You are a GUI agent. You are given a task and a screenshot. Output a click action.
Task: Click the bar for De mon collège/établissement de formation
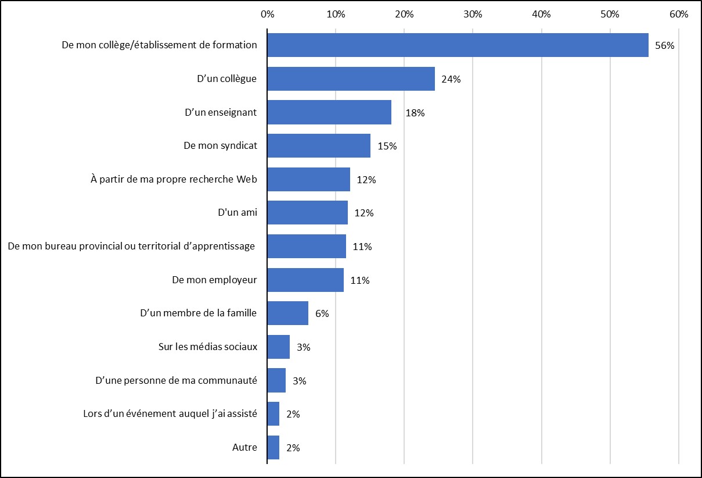tap(458, 45)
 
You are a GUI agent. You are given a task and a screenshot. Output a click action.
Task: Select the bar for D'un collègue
tap(351, 79)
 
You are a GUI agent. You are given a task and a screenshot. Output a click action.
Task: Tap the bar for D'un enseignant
tap(329, 113)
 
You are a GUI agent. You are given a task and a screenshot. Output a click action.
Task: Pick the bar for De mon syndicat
tap(319, 146)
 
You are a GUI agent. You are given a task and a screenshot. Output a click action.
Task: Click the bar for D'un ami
tap(308, 213)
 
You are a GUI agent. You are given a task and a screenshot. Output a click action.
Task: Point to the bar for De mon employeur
tap(305, 280)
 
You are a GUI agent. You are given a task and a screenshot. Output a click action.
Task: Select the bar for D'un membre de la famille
tap(288, 313)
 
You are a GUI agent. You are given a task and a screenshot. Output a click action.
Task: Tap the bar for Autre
tap(273, 448)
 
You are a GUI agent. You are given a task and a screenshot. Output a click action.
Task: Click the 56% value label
tap(664, 46)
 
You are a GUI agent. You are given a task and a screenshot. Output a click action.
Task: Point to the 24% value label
tap(451, 80)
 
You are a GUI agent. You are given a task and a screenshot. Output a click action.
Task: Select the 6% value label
tap(322, 314)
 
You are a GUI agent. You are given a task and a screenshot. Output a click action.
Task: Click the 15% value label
tap(387, 147)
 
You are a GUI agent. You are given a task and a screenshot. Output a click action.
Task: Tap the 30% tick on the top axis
tap(473, 14)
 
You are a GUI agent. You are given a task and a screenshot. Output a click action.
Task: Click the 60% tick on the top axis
tap(678, 14)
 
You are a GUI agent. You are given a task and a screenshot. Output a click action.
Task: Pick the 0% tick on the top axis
tap(268, 14)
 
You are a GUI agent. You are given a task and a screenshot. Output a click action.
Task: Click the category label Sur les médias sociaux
tap(207, 347)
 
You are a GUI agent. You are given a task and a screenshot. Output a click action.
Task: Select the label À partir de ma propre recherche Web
tap(174, 179)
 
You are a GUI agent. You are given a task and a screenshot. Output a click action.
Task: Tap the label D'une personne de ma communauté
tap(176, 381)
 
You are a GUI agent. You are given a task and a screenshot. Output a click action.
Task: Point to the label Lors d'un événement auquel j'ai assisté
tap(170, 414)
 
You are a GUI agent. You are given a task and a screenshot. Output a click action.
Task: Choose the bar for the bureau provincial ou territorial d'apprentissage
tap(307, 247)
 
